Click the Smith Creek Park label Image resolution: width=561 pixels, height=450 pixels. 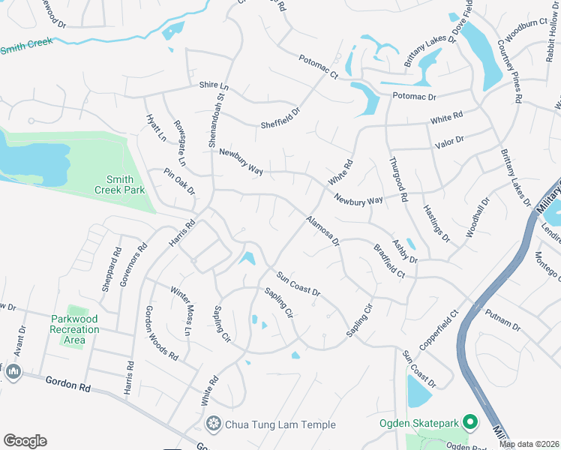[x=119, y=184]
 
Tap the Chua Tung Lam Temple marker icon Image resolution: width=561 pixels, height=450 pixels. [x=214, y=424]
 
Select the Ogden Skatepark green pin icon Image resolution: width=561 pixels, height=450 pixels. [x=470, y=423]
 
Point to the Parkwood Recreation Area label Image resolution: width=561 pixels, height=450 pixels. [x=75, y=329]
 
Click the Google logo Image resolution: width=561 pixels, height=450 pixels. [x=25, y=441]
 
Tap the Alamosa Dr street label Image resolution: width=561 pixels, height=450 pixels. [x=322, y=231]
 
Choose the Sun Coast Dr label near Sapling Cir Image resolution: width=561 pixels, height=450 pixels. [x=298, y=283]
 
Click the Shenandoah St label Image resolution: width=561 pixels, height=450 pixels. [x=220, y=106]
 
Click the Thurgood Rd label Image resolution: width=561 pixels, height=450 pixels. [x=397, y=179]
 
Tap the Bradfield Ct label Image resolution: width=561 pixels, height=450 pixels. [x=389, y=260]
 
